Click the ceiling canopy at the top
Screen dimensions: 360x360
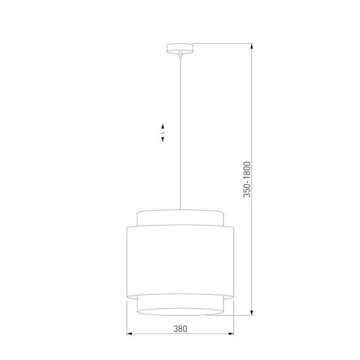pos(179,48)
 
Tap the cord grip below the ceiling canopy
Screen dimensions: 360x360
pos(180,56)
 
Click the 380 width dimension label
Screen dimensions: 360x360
pos(180,328)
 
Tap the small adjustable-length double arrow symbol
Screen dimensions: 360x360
pos(163,133)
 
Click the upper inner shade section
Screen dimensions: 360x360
pos(180,218)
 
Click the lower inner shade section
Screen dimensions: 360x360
pos(180,302)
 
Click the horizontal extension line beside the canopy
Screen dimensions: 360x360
pos(221,44)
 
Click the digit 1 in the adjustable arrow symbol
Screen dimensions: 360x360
pos(163,133)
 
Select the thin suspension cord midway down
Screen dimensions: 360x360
pos(180,133)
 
